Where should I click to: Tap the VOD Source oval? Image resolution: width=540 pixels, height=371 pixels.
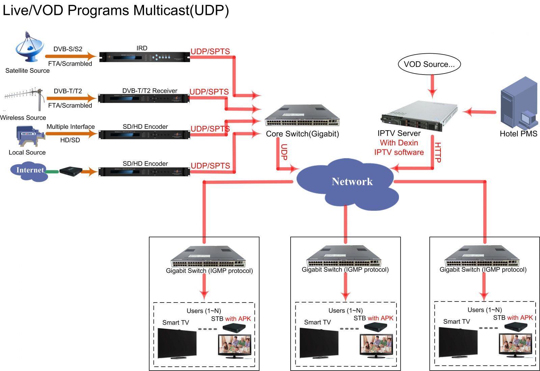tap(429, 64)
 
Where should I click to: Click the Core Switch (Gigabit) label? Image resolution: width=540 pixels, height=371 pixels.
tap(302, 134)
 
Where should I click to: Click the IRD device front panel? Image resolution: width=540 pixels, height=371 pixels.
tap(144, 57)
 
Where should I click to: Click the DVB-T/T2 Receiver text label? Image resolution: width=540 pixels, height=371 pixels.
tap(150, 91)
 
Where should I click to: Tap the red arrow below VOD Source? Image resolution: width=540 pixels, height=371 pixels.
tap(432, 87)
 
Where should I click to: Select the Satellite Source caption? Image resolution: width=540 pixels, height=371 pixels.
tap(27, 71)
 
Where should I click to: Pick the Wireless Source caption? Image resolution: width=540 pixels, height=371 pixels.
tap(23, 118)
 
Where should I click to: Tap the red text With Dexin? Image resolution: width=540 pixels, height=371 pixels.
tap(399, 143)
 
